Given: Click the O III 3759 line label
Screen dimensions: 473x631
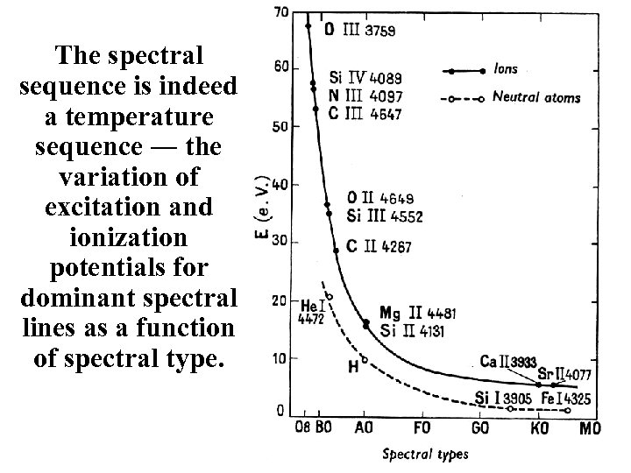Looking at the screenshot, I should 359,28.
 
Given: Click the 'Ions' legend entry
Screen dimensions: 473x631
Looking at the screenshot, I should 507,69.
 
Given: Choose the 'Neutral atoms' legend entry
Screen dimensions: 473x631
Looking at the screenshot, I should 536,97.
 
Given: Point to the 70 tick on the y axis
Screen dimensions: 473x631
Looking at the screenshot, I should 283,11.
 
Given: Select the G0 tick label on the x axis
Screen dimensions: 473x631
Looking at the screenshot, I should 480,428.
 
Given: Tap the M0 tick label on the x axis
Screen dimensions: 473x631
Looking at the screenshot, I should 592,428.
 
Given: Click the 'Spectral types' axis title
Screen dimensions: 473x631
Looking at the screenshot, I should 425,454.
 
